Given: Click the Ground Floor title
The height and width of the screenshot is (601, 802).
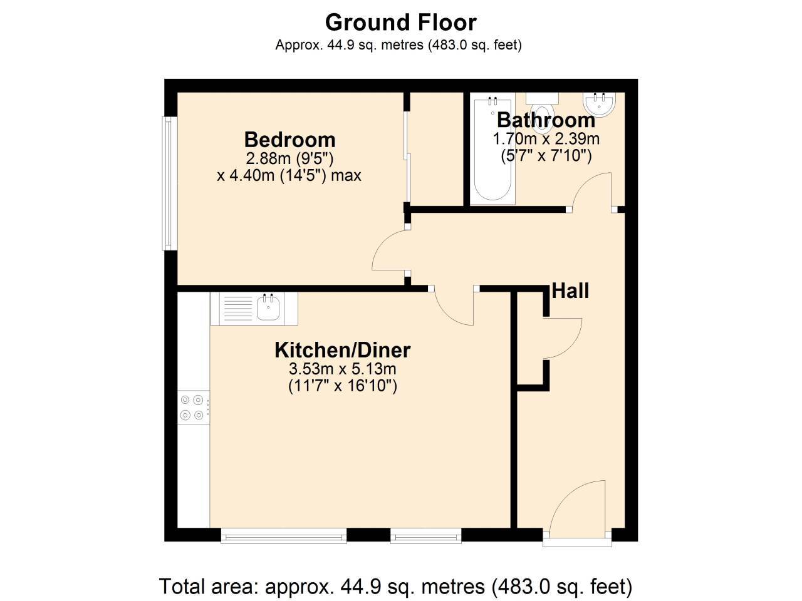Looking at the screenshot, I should point(400,23).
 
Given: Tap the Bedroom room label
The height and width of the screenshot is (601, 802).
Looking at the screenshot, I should point(289,139).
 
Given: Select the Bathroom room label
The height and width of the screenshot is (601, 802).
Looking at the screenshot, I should point(546,120).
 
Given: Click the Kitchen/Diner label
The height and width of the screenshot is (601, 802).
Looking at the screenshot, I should point(342,350).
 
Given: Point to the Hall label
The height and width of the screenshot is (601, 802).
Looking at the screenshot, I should point(570,291).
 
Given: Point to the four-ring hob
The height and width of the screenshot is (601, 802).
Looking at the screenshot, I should point(193,407).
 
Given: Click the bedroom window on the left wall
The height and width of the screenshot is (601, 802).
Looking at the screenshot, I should point(167,183).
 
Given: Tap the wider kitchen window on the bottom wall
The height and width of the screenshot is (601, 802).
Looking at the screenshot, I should point(283,536).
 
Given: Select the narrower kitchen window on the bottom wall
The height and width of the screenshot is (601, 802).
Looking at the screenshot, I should point(426,536).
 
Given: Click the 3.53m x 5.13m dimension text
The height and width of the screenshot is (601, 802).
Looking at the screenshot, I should point(342,369).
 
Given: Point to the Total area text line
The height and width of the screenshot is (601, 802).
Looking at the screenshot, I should point(395,587).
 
